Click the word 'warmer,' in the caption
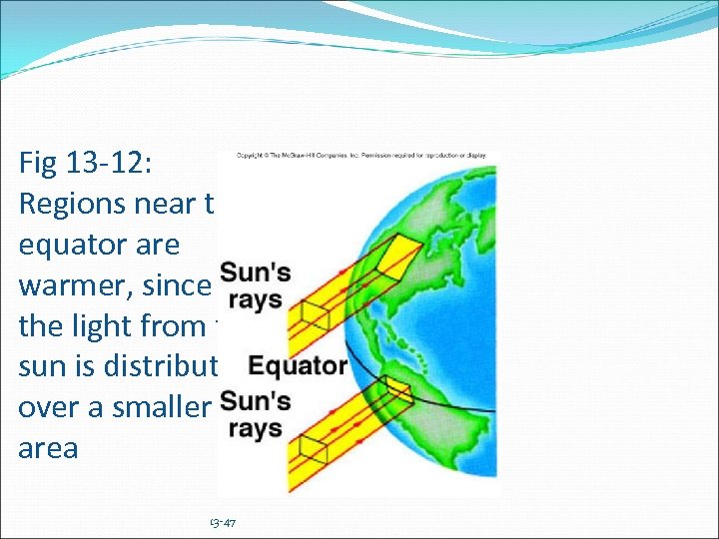(x=66, y=284)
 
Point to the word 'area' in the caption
(x=48, y=447)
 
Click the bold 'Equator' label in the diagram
(x=298, y=365)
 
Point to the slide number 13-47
(x=222, y=523)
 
